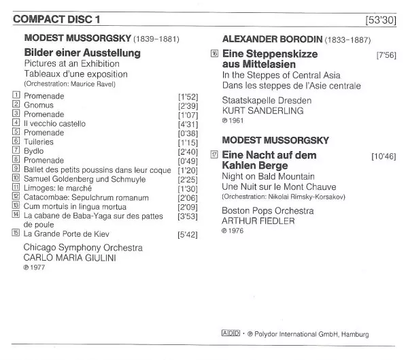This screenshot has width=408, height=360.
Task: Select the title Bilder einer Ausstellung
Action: pos(82,52)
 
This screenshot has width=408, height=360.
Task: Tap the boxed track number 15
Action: pos(16,233)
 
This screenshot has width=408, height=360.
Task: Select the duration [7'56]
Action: pos(386,54)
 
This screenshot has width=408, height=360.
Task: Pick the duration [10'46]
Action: pos(384,157)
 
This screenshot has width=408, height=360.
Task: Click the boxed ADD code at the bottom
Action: pos(232,333)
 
